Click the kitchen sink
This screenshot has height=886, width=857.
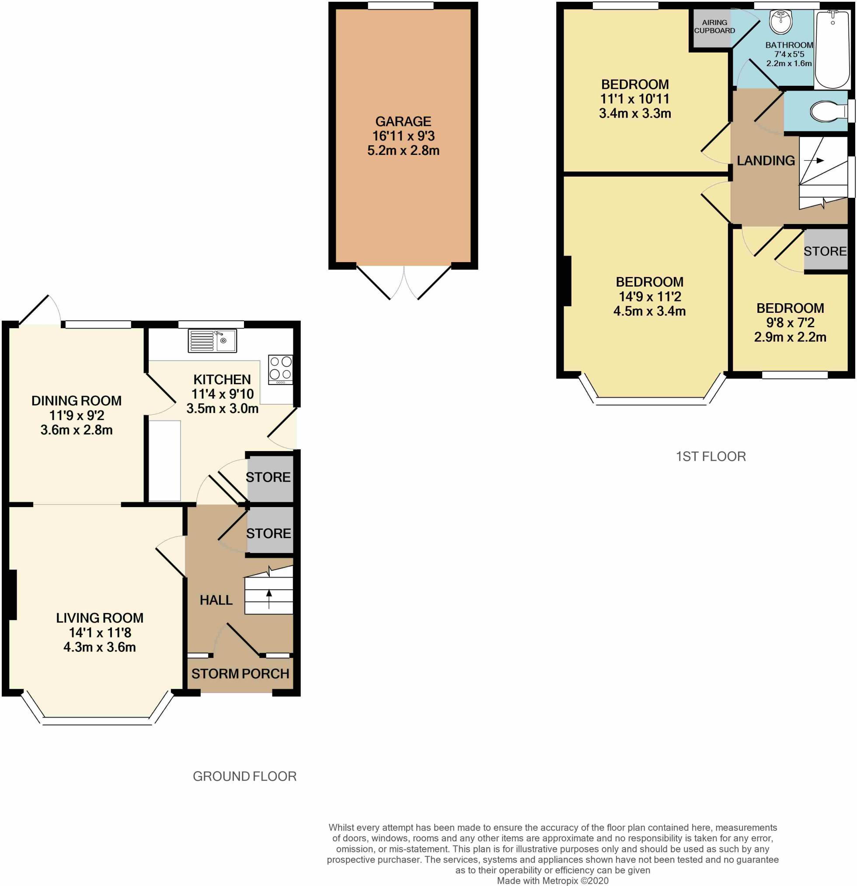[x=212, y=341]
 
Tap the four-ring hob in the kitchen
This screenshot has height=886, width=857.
[x=281, y=370]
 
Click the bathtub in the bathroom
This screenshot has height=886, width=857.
[x=833, y=49]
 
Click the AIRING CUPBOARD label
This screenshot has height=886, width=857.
[x=714, y=26]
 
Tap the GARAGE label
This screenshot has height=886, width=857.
[x=403, y=121]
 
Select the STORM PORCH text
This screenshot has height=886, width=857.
[x=240, y=673]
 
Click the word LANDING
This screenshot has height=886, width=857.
[x=766, y=160]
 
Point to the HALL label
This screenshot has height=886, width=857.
[x=216, y=600]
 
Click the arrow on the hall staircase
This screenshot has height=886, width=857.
[x=269, y=599]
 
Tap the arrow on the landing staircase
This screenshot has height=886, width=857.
[x=813, y=160]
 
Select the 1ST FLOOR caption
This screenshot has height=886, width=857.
[x=711, y=456]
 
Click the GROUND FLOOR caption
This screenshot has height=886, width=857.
[x=244, y=776]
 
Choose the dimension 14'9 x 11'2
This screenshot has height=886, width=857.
[x=649, y=296]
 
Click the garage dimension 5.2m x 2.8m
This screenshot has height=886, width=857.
[x=403, y=150]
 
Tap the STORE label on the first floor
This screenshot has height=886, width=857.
[x=825, y=251]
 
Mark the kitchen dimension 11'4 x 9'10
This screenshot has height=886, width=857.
[x=222, y=394]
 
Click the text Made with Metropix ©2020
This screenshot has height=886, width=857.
[x=553, y=881]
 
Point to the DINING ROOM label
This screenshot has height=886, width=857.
[x=77, y=400]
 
